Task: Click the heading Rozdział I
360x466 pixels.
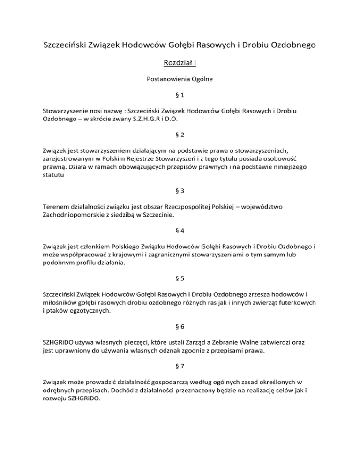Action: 180,63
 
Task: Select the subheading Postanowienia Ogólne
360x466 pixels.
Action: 180,79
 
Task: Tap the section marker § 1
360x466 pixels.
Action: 180,96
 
